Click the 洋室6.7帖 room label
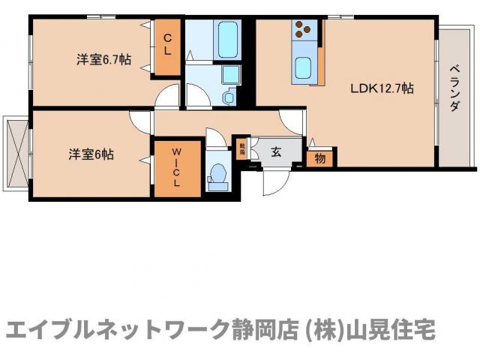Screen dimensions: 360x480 tap(104, 60)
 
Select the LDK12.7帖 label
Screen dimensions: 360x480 tap(382, 88)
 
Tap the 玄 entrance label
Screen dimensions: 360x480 tap(276, 153)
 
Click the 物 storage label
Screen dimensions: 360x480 tap(320, 159)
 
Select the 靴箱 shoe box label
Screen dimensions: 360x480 tap(242, 148)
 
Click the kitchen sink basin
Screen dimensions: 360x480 tap(304, 67)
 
